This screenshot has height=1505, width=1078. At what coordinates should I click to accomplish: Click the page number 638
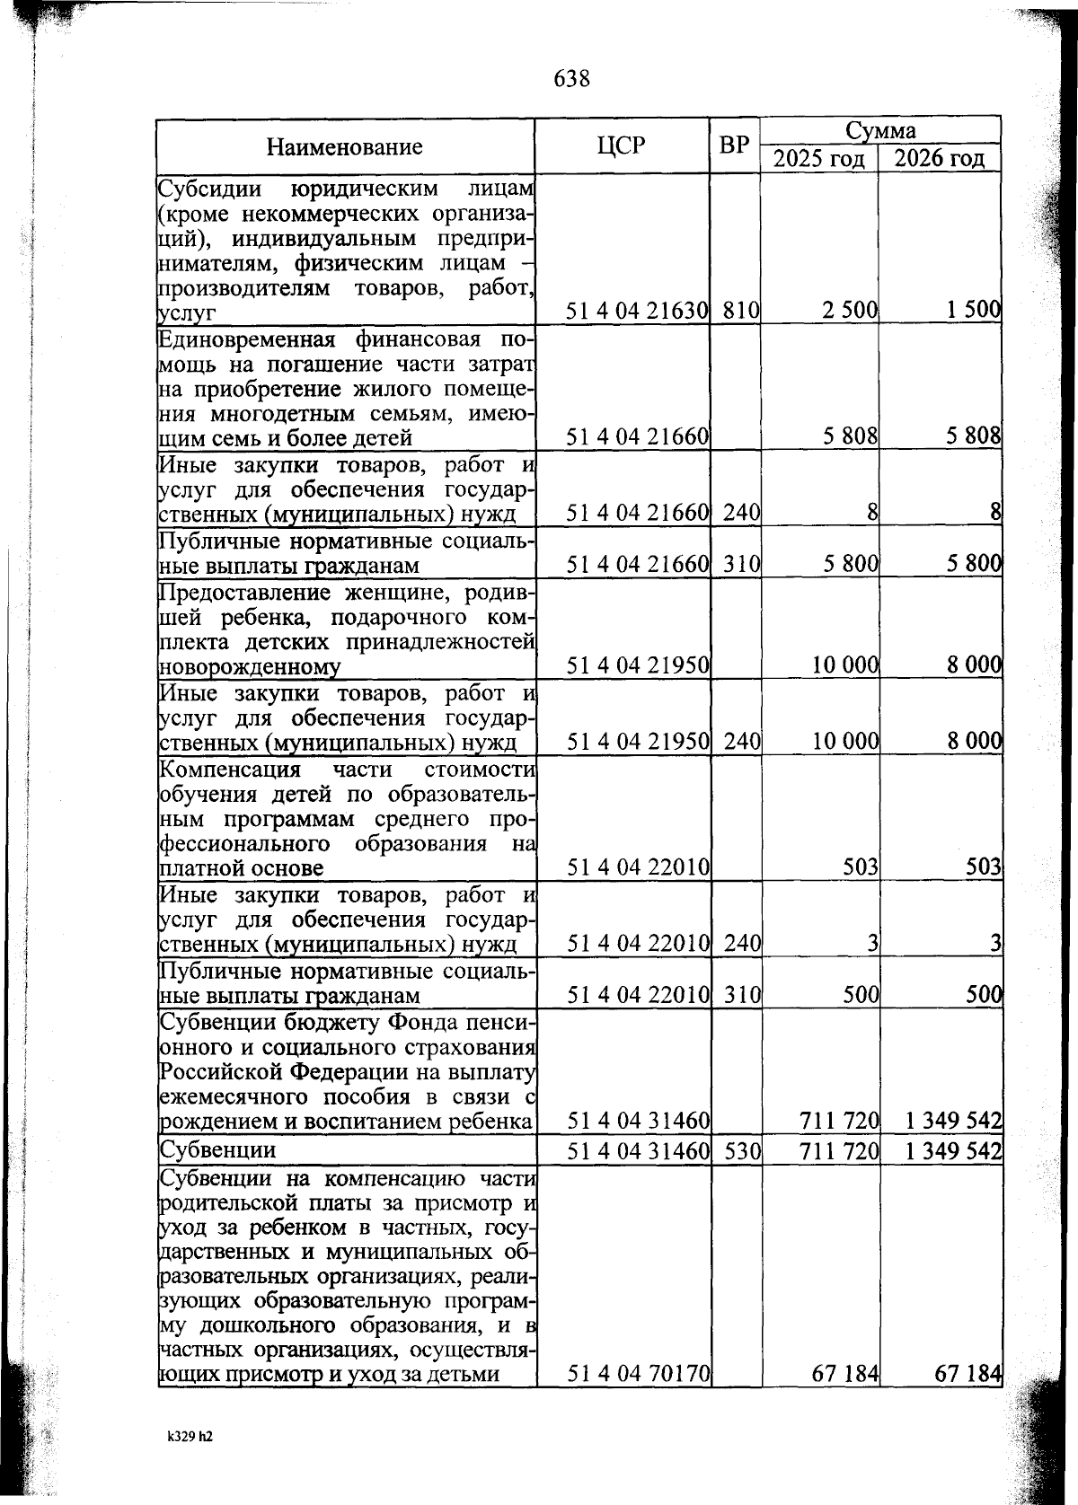tap(571, 79)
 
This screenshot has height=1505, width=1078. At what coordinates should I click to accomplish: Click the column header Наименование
tap(344, 147)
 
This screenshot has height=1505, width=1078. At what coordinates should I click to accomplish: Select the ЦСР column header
tap(621, 145)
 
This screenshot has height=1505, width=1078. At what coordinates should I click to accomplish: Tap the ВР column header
tap(735, 145)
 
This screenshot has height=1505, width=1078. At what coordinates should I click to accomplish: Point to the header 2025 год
tap(819, 160)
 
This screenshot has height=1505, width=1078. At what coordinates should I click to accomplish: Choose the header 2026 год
tap(940, 160)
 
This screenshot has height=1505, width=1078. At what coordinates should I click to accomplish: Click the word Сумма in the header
tap(880, 131)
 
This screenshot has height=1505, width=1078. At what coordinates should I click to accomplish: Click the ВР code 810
tap(741, 311)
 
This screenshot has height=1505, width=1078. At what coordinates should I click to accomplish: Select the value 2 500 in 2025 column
tap(849, 311)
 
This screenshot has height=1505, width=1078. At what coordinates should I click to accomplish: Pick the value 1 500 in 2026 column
tap(972, 311)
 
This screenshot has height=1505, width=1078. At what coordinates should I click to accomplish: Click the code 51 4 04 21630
tap(638, 311)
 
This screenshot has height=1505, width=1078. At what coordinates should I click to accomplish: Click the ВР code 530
tap(741, 1151)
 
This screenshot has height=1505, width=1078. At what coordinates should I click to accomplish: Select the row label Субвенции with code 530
tap(217, 1150)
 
